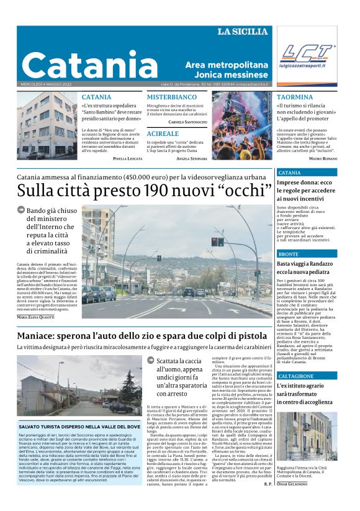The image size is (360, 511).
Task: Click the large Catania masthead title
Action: (90, 64)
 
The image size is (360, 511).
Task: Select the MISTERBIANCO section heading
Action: (171, 97)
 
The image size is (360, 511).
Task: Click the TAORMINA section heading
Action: (295, 97)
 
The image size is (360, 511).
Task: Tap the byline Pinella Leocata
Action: (128, 159)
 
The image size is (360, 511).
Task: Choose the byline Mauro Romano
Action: (323, 159)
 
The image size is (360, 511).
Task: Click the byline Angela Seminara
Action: (191, 159)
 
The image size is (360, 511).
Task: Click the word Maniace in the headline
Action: (41, 337)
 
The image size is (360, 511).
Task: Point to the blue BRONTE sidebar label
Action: (289, 255)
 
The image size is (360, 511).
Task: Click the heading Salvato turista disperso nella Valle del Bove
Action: (79, 427)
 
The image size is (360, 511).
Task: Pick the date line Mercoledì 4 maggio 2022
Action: (46, 84)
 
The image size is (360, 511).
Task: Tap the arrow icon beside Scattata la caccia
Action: (151, 360)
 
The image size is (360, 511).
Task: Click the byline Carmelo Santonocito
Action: (187, 122)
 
